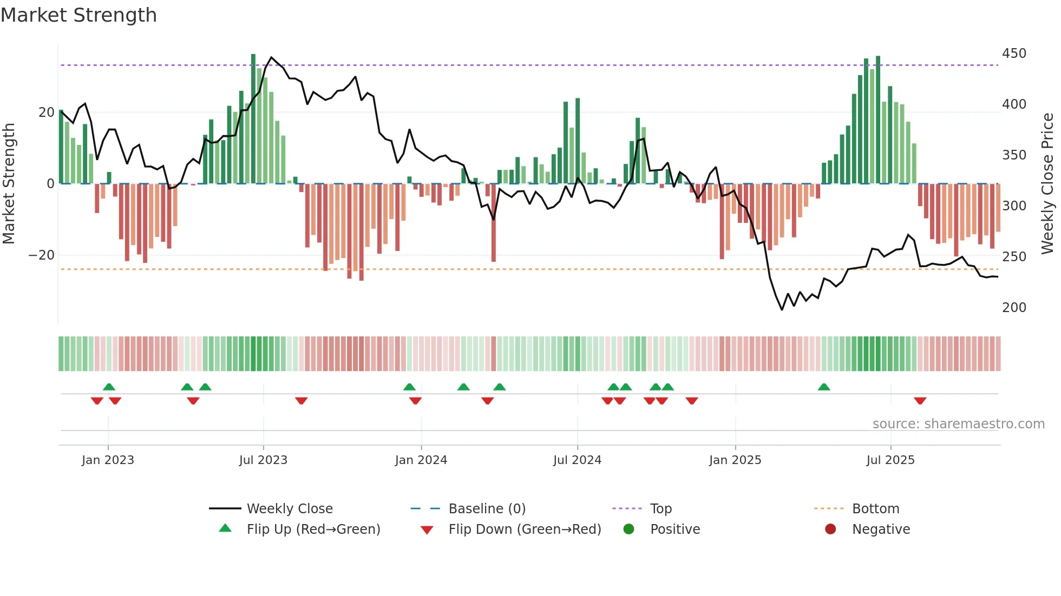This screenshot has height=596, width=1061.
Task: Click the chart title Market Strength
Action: click(x=78, y=15)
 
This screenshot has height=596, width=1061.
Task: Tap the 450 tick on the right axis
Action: click(x=1014, y=54)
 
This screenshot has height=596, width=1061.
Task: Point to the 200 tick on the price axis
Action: click(x=1014, y=308)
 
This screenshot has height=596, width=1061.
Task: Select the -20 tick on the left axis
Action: click(x=42, y=255)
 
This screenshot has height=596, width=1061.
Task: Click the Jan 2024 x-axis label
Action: click(x=421, y=460)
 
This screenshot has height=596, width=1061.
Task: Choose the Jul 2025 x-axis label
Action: click(x=890, y=460)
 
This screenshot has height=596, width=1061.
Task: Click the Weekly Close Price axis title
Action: click(x=1047, y=183)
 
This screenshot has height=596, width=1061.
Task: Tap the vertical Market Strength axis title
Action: click(x=9, y=183)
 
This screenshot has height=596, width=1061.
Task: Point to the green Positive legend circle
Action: click(x=628, y=529)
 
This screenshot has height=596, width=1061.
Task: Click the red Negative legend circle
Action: click(x=830, y=529)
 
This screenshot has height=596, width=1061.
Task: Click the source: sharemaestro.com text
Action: click(x=958, y=424)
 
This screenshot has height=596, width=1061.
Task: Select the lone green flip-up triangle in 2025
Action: click(x=824, y=387)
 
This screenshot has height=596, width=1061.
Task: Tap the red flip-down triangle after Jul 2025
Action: click(x=920, y=401)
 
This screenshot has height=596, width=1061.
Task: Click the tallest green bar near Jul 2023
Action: click(x=253, y=119)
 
